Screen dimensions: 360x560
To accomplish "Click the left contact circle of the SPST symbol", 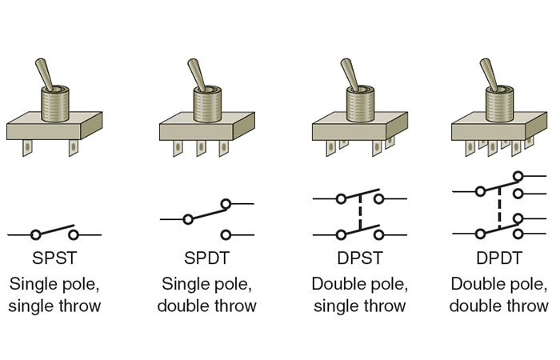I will [35, 234].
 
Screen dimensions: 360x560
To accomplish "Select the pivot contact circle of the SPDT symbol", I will [189, 218].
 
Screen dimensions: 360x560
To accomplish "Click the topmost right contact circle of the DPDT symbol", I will [519, 176].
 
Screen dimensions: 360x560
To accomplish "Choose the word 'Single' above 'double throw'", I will [190, 283].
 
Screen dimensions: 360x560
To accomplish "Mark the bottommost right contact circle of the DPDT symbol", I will [519, 234].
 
